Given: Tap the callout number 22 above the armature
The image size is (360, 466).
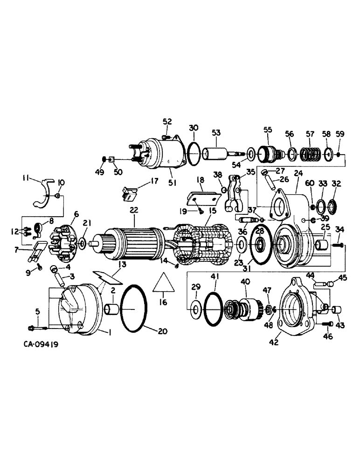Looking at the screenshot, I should tap(134, 211).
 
